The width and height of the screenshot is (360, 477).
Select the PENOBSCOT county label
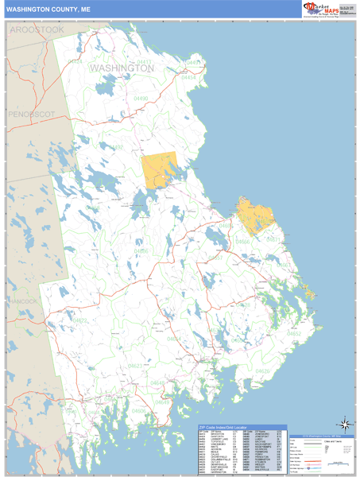coord(32,114)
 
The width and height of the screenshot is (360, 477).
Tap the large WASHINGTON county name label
coord(122,68)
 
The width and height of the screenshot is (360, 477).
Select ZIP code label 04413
coord(144,61)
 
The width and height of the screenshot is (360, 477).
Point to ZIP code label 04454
coord(188,78)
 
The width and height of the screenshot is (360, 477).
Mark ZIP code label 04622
coord(80,320)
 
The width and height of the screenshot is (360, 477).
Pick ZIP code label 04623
coord(136,366)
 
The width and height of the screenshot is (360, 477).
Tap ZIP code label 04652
coord(294,334)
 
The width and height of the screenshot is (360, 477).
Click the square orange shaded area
coord(161,169)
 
